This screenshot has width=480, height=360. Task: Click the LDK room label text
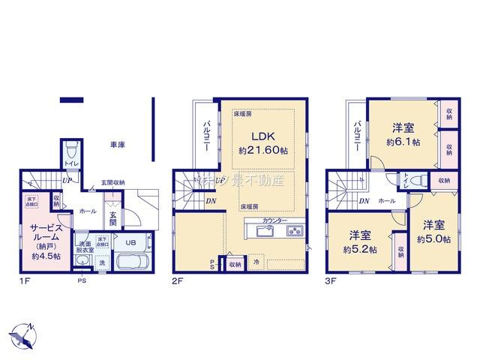pyautogui.click(x=264, y=137)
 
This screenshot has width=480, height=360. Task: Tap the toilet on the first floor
pyautogui.click(x=72, y=150)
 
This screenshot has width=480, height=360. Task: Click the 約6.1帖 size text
pyautogui.click(x=403, y=141)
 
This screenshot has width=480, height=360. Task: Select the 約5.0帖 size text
pyautogui.click(x=435, y=238)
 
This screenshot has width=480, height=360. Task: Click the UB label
pyautogui.click(x=130, y=241)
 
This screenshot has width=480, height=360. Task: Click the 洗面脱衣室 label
pyautogui.click(x=85, y=247)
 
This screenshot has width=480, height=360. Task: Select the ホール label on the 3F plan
pyautogui.click(x=387, y=201)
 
